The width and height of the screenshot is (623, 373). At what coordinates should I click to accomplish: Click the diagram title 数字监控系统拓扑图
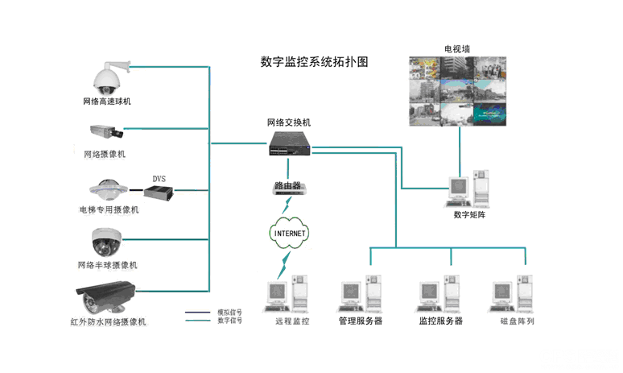pos(315,62)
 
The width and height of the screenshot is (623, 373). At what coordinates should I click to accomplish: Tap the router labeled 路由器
pos(287,187)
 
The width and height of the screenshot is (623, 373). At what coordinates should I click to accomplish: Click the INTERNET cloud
pos(290,233)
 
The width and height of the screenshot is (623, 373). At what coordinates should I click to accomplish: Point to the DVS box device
pos(159,192)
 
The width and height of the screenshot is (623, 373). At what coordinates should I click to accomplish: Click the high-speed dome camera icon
pos(106,77)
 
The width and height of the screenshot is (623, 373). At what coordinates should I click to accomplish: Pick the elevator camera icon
pos(107,189)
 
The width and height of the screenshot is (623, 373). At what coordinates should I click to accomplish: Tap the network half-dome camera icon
pos(106,241)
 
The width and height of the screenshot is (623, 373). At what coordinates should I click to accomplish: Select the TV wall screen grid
pos(458,90)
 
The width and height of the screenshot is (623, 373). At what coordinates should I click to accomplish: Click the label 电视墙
pos(456,49)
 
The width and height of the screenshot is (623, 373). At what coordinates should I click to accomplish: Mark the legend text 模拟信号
pos(229,313)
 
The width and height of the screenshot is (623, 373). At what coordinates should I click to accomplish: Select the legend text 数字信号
pos(229,321)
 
